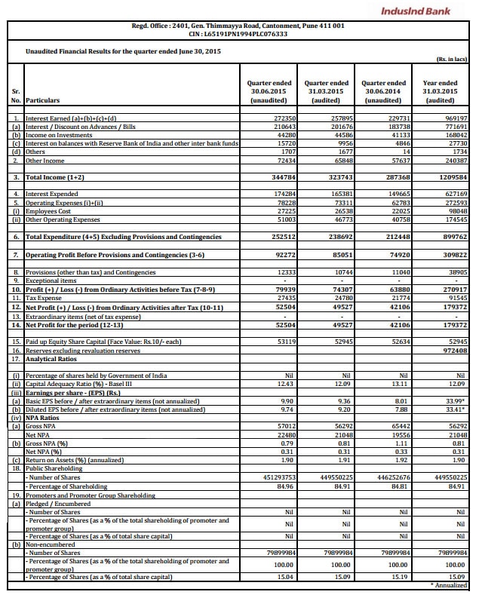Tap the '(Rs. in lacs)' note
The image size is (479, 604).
pos(452,58)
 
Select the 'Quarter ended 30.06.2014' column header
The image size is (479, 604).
pos(384,92)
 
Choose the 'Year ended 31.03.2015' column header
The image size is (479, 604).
pos(441,92)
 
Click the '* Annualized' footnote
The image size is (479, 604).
pos(450,584)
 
